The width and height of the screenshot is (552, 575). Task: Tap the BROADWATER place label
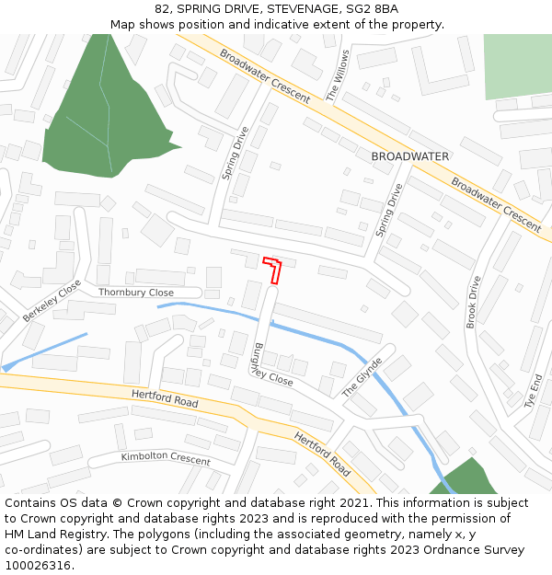tap(410, 156)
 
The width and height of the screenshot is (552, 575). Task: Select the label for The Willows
tap(338, 75)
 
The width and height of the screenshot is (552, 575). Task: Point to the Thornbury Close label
tap(136, 293)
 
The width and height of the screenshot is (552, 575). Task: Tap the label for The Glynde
tap(362, 377)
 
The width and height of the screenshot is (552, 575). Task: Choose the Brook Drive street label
tap(473, 302)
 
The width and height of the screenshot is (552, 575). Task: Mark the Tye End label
tap(534, 390)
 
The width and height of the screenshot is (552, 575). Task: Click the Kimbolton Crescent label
tap(166, 457)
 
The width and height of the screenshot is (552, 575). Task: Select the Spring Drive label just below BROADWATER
tap(389, 211)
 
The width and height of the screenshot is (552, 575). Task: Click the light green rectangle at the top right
tap(518, 66)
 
